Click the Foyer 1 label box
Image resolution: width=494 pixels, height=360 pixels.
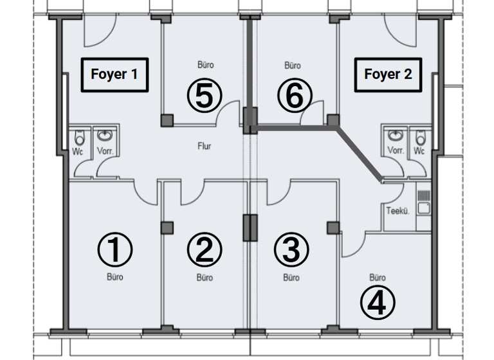114,74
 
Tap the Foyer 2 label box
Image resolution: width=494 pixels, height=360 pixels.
388,74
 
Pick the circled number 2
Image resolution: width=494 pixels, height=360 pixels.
204,249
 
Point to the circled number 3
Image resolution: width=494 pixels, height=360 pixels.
291,249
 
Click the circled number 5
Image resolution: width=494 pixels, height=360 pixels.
204,96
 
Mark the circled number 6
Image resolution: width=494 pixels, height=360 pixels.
293,96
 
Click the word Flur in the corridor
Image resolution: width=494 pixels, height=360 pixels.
204,146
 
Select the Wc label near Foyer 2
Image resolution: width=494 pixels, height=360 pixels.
419,152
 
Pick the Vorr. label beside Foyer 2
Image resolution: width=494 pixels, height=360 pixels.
395,152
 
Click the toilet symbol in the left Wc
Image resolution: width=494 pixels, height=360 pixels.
79,137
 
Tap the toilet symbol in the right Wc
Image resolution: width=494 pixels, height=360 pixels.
420,137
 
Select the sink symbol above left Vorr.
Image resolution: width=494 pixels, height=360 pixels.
105,136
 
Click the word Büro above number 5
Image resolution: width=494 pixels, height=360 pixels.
205,65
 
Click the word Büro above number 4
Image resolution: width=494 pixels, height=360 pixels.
378,278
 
